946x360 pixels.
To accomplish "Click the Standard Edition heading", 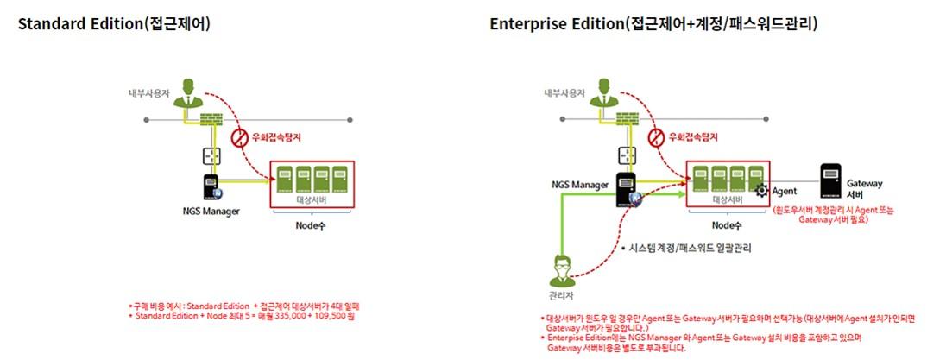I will tap(115, 24).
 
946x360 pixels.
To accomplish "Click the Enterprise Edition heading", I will tap(653, 24).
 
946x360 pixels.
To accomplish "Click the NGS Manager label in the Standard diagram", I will tap(211, 212).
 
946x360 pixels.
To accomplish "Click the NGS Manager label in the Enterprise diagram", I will tap(579, 184).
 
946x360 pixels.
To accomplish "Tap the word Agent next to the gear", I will tap(784, 191).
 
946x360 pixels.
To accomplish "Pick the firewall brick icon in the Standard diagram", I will tap(211, 120).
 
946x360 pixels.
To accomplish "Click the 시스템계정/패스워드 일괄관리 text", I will tap(686, 248).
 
